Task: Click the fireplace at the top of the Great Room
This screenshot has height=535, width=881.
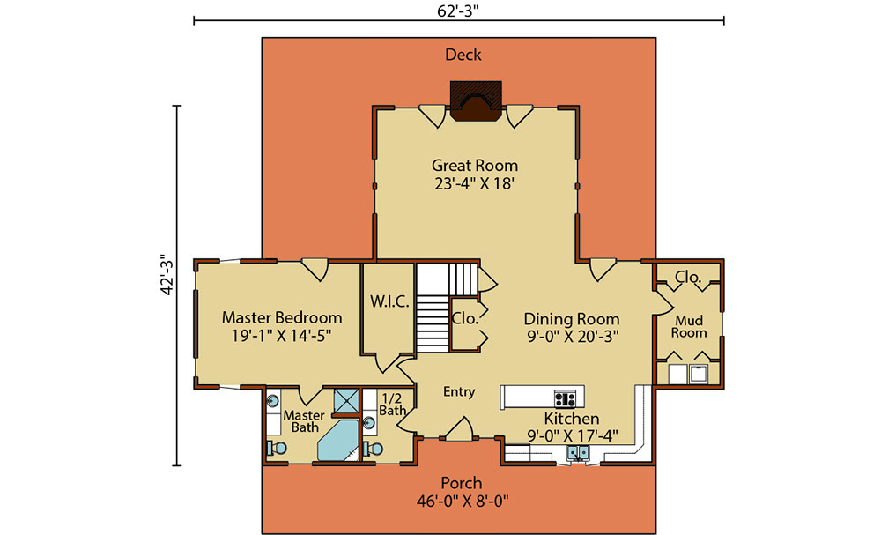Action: point(476,100)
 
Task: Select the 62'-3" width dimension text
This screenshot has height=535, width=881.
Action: point(458,11)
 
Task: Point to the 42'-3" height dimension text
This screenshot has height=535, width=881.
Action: point(167,275)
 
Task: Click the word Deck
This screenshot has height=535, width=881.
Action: point(463,55)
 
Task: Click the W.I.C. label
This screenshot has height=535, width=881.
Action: point(389,301)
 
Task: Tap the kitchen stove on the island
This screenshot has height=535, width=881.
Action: point(565,398)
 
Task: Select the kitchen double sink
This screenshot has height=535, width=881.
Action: point(577,452)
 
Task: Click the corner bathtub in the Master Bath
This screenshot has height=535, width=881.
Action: point(337,440)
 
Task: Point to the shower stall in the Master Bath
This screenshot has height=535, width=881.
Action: point(346,401)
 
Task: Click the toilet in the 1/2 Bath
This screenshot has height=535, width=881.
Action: point(373,449)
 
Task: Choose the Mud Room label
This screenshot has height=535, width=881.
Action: point(689,326)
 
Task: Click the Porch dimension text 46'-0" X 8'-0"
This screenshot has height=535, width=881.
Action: point(463,501)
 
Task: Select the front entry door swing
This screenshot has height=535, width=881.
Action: point(459,428)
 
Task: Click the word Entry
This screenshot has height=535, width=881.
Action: point(459,391)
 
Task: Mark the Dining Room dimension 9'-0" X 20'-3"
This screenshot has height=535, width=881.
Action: point(572,337)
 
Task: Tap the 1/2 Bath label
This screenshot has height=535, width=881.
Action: point(392,405)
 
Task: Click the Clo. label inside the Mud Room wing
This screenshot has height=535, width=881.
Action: point(688,277)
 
